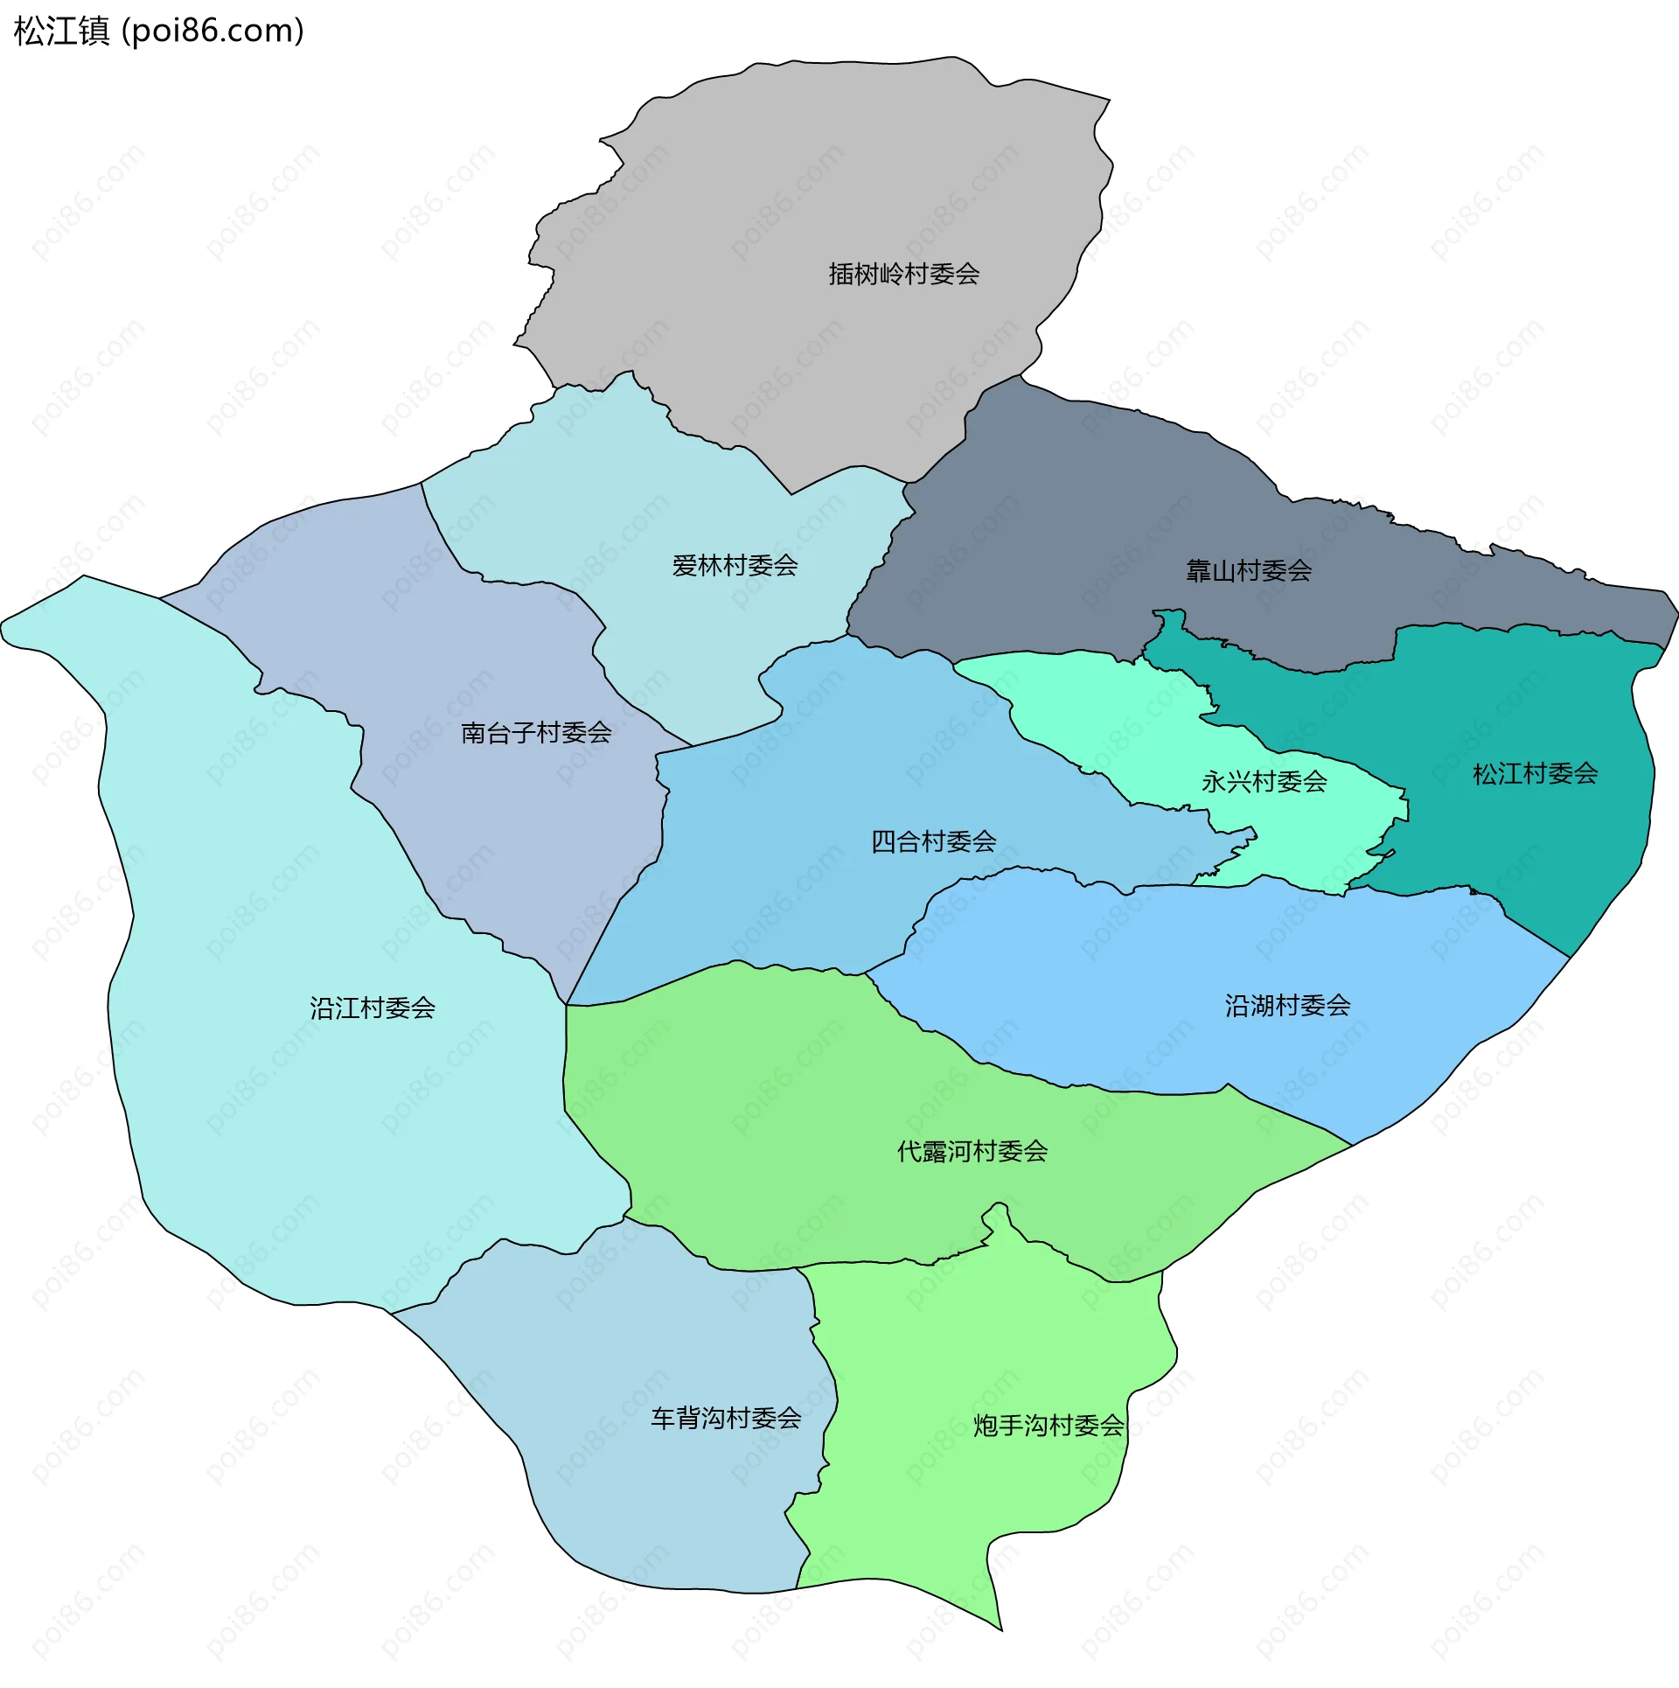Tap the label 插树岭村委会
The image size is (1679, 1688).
click(903, 275)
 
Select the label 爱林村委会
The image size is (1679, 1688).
click(735, 566)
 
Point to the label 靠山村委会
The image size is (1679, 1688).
click(1248, 571)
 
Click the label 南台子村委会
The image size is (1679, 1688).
click(535, 733)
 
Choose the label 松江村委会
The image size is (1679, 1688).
click(1535, 774)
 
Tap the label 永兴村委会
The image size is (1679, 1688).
click(1264, 782)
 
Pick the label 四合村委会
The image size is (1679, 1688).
click(933, 842)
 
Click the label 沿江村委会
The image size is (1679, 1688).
click(372, 1008)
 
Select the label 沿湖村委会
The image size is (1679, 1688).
click(1287, 1006)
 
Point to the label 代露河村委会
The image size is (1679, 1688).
click(972, 1152)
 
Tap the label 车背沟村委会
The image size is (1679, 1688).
click(726, 1419)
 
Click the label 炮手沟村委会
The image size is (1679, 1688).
click(1048, 1426)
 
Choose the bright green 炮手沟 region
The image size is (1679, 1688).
click(962, 1531)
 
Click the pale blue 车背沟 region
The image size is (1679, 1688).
click(665, 1513)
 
